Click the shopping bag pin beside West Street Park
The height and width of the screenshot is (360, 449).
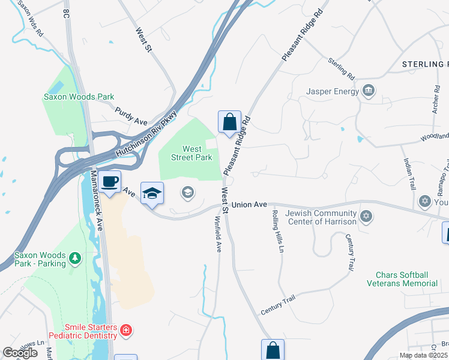click(x=229, y=122)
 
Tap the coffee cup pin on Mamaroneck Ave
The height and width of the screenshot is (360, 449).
click(x=109, y=181)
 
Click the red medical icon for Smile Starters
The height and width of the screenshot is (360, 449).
click(x=125, y=330)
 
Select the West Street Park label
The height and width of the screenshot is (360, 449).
click(x=192, y=153)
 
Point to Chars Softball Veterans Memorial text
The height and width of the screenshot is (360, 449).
click(x=406, y=279)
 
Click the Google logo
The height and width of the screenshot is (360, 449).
click(x=20, y=353)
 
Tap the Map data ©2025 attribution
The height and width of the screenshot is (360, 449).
click(x=423, y=355)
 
